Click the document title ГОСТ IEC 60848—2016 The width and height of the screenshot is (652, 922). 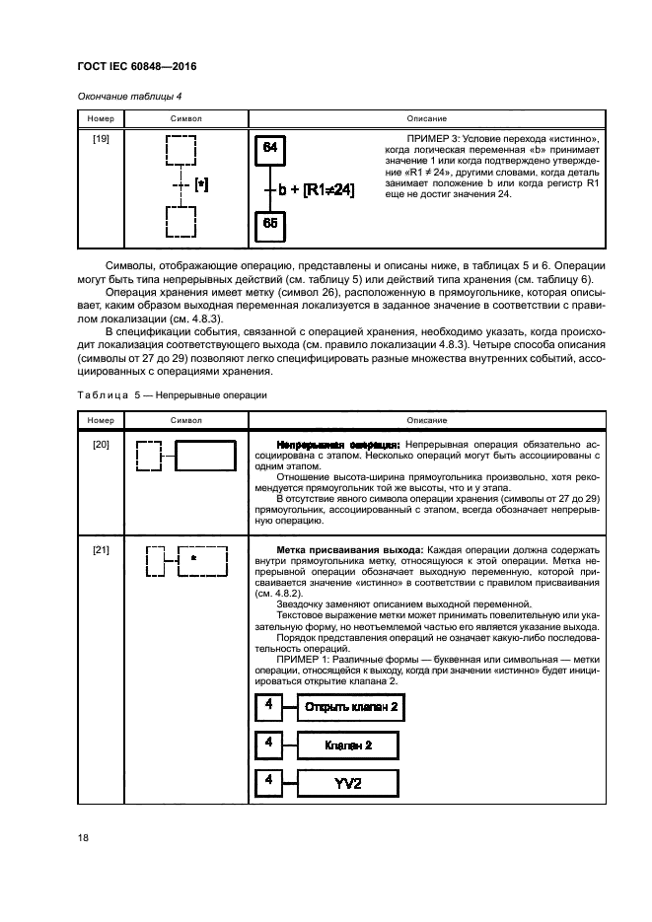pyautogui.click(x=134, y=69)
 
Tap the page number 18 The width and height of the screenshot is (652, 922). pyautogui.click(x=83, y=838)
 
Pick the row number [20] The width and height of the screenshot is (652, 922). pyautogui.click(x=102, y=445)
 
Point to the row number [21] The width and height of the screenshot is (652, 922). pyautogui.click(x=102, y=547)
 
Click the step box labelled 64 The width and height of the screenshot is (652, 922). pyautogui.click(x=270, y=149)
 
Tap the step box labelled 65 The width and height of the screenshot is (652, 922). pyautogui.click(x=270, y=224)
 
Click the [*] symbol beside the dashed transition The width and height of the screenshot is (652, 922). pyautogui.click(x=201, y=184)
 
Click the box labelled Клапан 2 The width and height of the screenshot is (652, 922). pyautogui.click(x=347, y=745)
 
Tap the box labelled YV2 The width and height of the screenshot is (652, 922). pyautogui.click(x=347, y=784)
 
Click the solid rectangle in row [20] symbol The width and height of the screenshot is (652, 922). pyautogui.click(x=205, y=457)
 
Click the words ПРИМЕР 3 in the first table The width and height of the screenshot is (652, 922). pyautogui.click(x=430, y=137)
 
